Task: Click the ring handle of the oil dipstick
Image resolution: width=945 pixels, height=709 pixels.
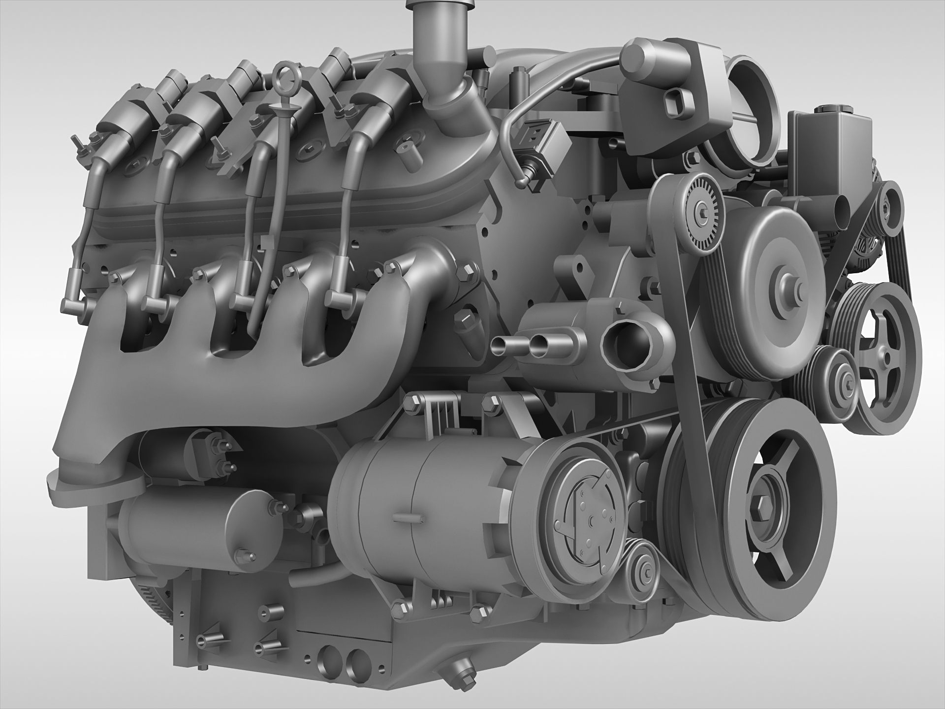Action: pyautogui.click(x=284, y=75)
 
